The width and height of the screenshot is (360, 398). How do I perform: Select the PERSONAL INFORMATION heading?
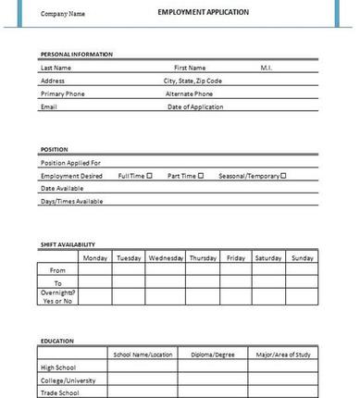[x=77, y=55]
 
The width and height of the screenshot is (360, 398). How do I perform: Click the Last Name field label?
[x=56, y=68]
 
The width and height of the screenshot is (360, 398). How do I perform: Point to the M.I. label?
[x=266, y=68]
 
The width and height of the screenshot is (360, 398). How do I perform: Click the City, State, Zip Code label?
[x=192, y=81]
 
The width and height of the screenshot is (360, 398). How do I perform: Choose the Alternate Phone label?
[x=189, y=93]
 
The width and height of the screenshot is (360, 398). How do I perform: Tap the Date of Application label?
[x=194, y=106]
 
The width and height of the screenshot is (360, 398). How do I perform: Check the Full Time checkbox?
[x=149, y=175]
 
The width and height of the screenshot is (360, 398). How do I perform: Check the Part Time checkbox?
[x=201, y=175]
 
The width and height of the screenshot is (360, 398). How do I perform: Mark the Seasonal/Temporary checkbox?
[x=283, y=175]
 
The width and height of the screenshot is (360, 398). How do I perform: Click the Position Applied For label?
[x=70, y=162]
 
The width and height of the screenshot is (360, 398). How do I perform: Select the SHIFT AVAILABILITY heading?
[x=68, y=244]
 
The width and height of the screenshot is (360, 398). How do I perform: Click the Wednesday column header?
[x=166, y=257]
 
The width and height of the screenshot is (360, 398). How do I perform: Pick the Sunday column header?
[x=303, y=257]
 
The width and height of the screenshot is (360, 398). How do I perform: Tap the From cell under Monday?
[x=95, y=270]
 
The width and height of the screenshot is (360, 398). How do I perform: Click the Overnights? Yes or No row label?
[x=57, y=295]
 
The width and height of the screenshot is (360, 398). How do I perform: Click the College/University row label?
[x=69, y=379]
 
